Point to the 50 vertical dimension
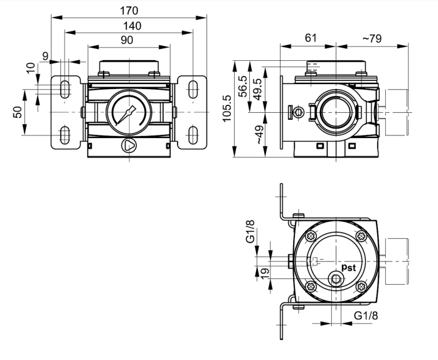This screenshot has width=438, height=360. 18,112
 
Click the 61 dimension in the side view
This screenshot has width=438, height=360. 310,38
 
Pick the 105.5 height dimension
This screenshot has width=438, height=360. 227,108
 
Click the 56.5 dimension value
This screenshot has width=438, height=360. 242,87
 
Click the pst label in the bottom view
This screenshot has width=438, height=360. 349,268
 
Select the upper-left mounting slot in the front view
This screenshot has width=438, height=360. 65,89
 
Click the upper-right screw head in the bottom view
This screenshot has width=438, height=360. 360,236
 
